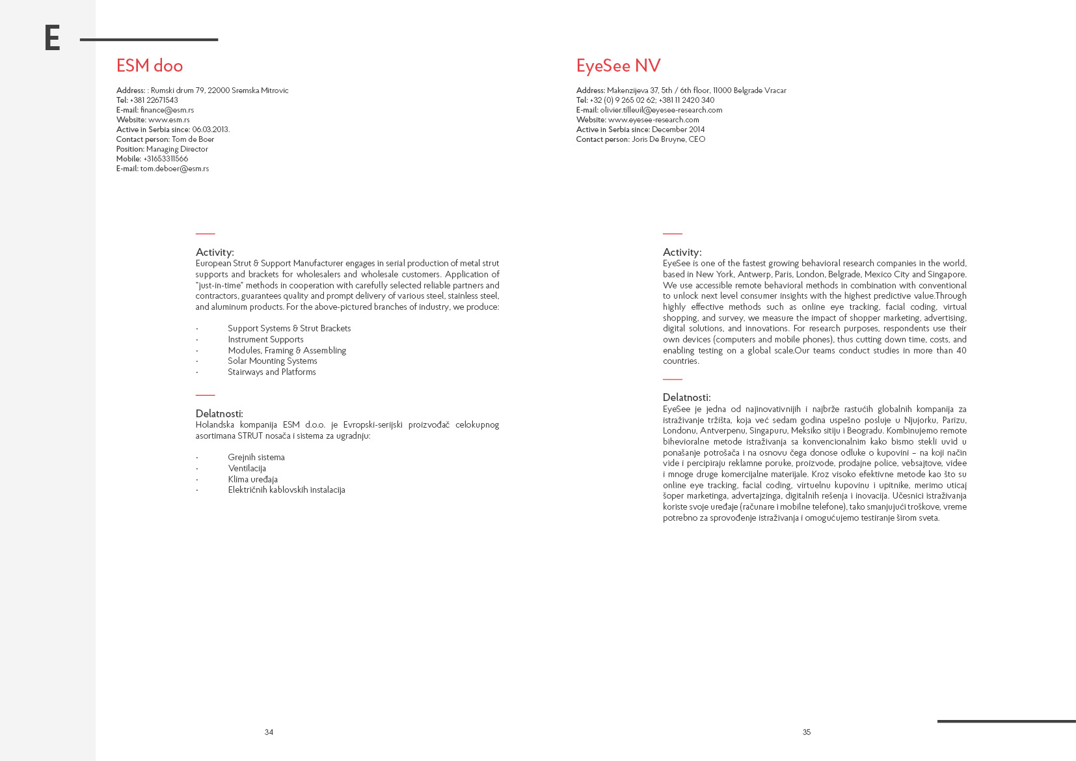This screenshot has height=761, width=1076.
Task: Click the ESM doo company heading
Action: pos(149,66)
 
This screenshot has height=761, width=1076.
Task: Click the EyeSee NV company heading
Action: pos(618,66)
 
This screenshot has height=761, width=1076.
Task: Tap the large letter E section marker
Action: pos(52,38)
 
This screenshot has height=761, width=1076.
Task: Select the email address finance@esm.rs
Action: pos(167,110)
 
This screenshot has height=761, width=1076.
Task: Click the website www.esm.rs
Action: pos(169,120)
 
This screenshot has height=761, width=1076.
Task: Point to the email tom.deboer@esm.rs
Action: pos(174,169)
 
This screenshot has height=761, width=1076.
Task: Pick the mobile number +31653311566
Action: pos(166,159)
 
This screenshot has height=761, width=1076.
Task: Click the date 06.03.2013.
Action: pos(211,130)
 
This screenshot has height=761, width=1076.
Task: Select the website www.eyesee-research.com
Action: pos(653,120)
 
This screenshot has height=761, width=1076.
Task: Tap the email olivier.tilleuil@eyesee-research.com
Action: pos(661,110)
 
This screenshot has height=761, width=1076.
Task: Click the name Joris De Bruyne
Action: pos(659,139)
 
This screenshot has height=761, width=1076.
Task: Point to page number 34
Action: pos(269,732)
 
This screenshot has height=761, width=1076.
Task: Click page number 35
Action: pos(807,732)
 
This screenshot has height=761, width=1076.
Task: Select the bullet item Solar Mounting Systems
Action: pos(272,361)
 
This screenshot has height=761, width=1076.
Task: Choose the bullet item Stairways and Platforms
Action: pos(271,372)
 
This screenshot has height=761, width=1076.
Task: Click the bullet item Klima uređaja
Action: pos(252,480)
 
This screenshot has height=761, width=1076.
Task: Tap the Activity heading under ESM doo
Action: pos(215,252)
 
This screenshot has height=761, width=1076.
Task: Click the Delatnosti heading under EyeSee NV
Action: pos(686,397)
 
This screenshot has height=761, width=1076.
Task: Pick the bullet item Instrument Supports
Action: pos(265,340)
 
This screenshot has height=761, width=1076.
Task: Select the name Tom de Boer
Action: pos(193,139)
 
